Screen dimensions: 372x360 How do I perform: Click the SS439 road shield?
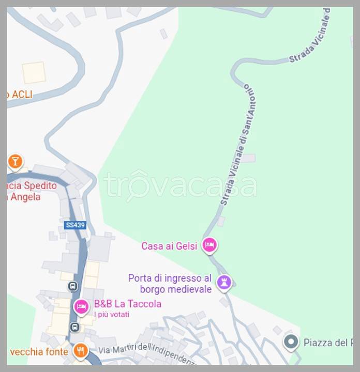coord(75,225)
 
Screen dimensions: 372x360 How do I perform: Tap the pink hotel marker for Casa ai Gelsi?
coord(209,245)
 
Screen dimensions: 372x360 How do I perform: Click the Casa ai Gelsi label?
coord(169,246)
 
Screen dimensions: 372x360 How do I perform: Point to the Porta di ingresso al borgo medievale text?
coord(170,284)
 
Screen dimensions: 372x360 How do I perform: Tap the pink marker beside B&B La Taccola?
coord(81,306)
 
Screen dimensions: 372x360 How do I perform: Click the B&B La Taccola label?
coord(127,304)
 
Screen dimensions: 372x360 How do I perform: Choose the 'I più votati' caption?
coord(111,314)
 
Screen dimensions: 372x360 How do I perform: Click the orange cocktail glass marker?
coord(15,162)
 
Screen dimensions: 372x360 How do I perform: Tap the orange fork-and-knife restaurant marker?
coord(80,351)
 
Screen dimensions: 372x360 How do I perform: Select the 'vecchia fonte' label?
coord(39,352)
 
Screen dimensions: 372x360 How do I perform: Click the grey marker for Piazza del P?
coord(291,342)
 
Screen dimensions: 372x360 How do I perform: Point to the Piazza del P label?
coord(328,342)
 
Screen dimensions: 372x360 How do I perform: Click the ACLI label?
coord(21,94)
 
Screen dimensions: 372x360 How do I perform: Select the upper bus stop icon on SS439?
coord(73,286)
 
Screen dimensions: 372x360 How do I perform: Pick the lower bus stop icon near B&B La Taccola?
coord(74,327)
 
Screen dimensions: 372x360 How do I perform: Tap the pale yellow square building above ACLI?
coord(34,72)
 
